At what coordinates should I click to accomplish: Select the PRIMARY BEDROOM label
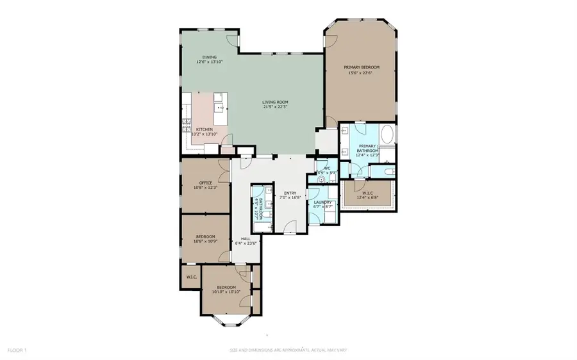(x=361, y=67)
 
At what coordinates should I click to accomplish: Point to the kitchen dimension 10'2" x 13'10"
(x=205, y=134)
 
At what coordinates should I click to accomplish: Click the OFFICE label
(x=205, y=183)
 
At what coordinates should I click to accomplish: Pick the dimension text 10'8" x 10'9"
(x=205, y=241)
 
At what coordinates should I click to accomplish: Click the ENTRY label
(x=289, y=193)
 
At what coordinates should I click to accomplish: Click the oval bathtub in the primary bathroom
(x=387, y=135)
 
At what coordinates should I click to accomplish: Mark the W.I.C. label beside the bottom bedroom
(x=190, y=277)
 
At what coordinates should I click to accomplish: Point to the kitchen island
(x=221, y=109)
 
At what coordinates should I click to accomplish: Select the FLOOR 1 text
(x=17, y=350)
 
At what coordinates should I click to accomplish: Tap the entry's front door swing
(x=289, y=225)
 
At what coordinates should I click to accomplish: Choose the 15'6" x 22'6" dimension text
(x=360, y=73)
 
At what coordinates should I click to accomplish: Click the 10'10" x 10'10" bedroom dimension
(x=226, y=292)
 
